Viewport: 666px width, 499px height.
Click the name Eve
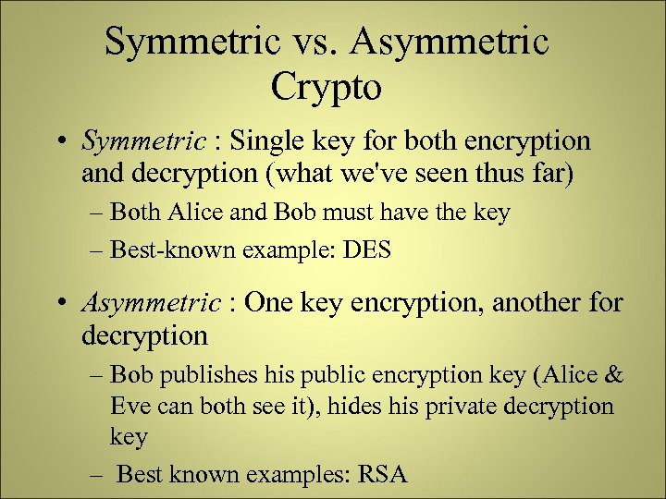point(129,406)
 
